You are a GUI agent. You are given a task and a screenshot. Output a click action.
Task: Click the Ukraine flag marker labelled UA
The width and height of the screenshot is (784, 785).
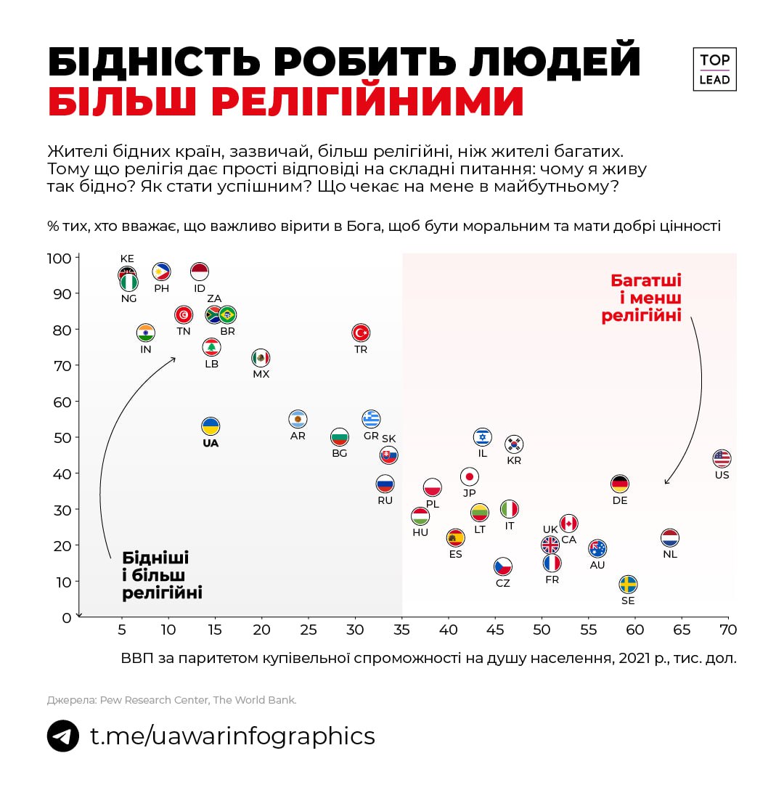[211, 426]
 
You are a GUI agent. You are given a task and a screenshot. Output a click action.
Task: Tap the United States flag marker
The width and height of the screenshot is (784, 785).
[721, 458]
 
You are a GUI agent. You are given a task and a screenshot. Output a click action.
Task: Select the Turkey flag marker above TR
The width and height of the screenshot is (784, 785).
[361, 333]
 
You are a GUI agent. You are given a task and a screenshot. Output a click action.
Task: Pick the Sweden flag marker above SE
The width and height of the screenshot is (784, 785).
[628, 585]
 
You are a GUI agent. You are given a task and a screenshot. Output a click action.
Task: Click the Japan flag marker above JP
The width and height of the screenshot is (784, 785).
[470, 476]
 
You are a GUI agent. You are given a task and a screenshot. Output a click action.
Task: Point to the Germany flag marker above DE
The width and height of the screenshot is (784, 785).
[619, 484]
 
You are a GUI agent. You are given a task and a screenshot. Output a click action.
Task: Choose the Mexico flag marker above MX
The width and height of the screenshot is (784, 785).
[261, 357]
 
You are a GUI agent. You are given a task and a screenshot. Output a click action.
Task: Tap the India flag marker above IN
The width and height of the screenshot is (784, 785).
[146, 333]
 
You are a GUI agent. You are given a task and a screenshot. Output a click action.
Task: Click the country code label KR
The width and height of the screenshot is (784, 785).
[514, 460]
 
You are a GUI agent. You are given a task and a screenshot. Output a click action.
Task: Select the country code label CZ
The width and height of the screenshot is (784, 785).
[503, 583]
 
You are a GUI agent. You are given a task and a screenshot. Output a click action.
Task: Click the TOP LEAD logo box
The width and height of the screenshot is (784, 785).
[714, 70]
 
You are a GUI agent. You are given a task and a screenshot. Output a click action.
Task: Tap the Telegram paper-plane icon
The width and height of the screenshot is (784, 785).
[63, 736]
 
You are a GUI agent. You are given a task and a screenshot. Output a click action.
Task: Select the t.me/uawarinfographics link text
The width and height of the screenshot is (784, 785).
[232, 736]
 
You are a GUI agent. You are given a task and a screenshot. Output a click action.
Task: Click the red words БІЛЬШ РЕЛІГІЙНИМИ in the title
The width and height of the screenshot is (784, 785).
[286, 102]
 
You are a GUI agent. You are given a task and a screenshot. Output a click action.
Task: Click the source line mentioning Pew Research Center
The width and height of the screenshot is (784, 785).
[172, 700]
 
